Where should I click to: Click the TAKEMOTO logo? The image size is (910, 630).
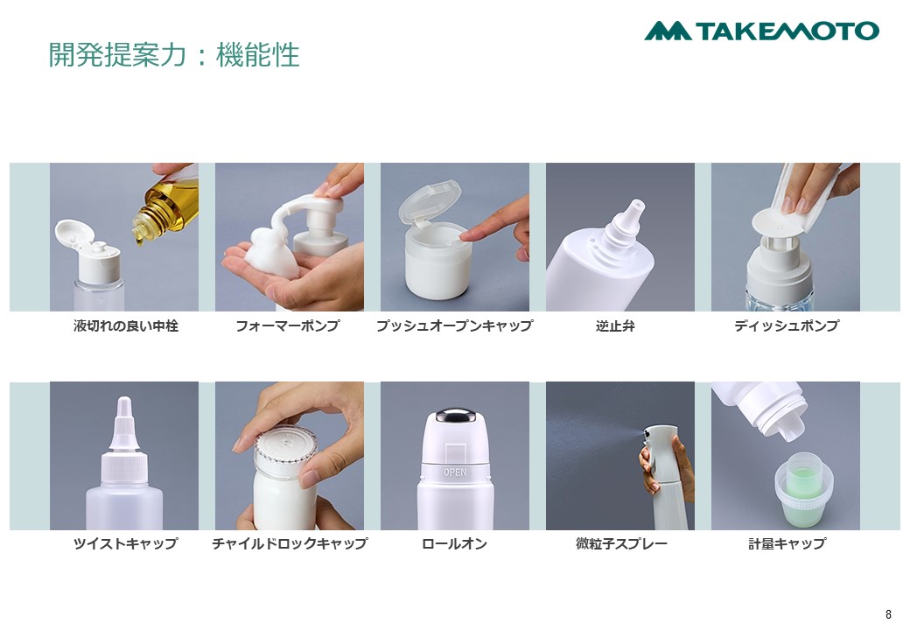click(761, 31)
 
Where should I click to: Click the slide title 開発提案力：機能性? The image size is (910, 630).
click(173, 55)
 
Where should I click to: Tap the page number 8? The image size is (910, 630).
click(888, 614)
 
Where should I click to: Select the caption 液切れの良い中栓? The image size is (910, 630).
click(125, 326)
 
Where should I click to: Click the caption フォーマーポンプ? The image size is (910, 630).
click(288, 326)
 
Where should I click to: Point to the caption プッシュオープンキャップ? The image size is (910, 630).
click(454, 326)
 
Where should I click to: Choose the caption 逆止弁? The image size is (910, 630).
click(615, 326)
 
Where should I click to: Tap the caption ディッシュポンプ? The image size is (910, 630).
click(787, 326)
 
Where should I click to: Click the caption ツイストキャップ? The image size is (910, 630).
click(125, 543)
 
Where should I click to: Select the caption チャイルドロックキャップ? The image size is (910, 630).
click(290, 543)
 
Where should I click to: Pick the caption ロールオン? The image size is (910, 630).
click(454, 543)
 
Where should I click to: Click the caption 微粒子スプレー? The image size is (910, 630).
click(621, 543)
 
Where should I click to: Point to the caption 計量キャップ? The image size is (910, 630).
click(787, 543)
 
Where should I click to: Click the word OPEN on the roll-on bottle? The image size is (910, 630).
click(455, 472)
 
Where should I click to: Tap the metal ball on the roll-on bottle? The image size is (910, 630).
click(455, 416)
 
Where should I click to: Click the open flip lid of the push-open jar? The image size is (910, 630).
click(429, 200)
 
